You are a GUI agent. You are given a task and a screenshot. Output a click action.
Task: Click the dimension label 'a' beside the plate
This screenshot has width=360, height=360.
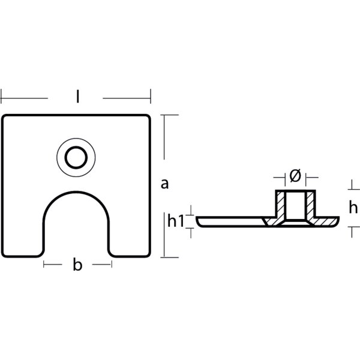164,184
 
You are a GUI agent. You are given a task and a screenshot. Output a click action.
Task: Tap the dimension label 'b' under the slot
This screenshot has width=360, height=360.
77,265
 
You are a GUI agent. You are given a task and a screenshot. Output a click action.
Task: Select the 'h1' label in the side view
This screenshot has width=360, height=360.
175,222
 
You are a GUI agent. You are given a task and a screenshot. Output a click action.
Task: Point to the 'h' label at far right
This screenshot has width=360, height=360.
353,208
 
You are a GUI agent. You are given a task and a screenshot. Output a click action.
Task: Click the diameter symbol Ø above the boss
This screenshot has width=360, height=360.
295,176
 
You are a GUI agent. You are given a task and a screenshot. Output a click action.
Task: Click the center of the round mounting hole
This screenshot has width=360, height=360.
76,158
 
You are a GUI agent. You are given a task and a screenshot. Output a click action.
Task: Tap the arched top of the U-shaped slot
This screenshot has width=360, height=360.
76,194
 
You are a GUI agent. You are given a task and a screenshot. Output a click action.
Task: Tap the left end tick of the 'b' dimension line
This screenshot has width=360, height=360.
44,265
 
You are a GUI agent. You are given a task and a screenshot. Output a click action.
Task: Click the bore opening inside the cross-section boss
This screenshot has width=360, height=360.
295,207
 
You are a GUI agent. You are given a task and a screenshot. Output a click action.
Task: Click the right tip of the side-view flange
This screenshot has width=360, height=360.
338,220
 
